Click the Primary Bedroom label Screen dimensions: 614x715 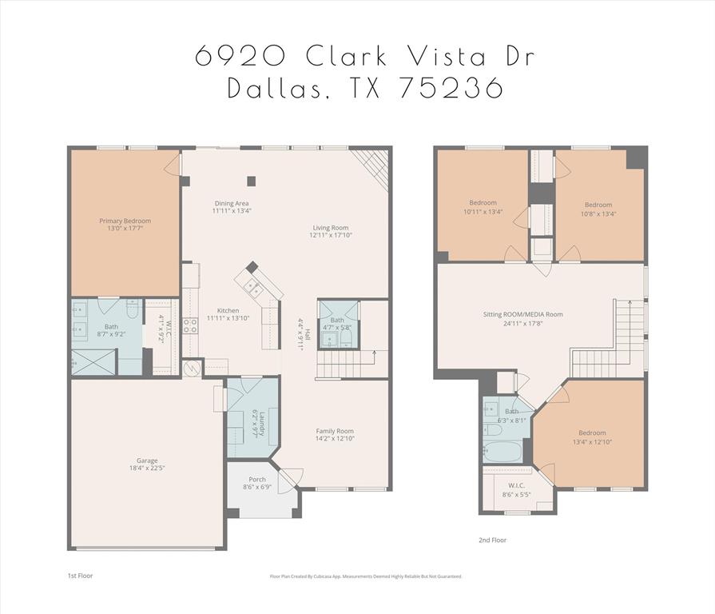click(125, 221)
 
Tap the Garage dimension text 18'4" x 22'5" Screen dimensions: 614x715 click(146, 468)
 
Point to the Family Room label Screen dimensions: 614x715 click(334, 431)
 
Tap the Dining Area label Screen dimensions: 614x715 click(231, 203)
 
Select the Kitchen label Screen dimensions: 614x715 click(228, 310)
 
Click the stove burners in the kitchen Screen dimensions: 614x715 click(191, 325)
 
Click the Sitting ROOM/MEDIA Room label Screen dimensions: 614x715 click(522, 314)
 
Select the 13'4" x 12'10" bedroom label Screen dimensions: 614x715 click(592, 433)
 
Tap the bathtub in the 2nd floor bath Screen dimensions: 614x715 click(502, 450)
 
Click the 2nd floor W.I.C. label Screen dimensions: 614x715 click(516, 485)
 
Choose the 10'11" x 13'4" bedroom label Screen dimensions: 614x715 click(483, 202)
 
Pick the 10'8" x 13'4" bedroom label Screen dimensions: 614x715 click(598, 205)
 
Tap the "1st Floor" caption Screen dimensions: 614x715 click(80, 575)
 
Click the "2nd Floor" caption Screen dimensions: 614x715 click(492, 540)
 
